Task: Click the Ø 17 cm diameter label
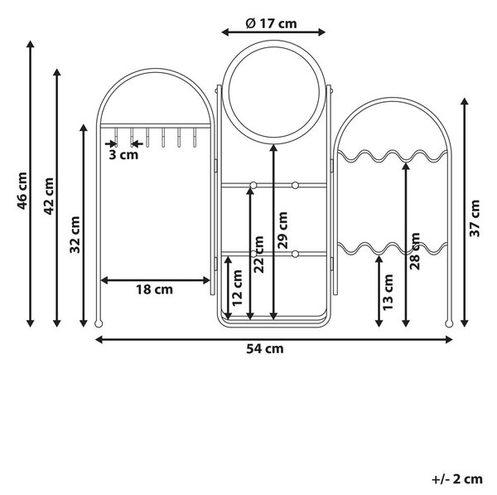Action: (272, 23)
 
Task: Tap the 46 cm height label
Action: (22, 191)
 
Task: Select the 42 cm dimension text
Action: (49, 197)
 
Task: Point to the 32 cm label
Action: (75, 235)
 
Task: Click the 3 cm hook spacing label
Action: (123, 155)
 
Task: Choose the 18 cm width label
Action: (155, 289)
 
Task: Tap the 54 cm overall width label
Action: (265, 349)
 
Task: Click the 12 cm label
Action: (237, 288)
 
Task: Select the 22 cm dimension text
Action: (258, 255)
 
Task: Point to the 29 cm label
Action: (282, 231)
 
